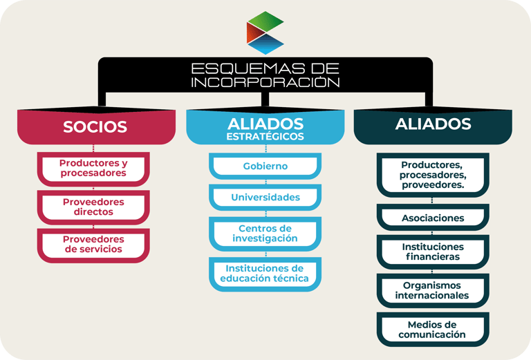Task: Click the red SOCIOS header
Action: (95, 126)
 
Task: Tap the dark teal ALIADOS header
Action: (433, 125)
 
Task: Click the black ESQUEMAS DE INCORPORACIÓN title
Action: (265, 75)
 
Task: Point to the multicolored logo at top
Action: (265, 32)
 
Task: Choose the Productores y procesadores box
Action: (93, 168)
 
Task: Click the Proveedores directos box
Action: (93, 207)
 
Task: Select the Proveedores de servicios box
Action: (93, 244)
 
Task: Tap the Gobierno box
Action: (265, 167)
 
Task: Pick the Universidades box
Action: (265, 198)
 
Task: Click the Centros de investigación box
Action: (265, 234)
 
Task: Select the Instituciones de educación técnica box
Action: (265, 273)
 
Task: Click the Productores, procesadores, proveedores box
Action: (433, 175)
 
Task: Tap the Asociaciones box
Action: (433, 218)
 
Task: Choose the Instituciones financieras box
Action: (433, 252)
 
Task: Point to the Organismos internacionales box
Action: (433, 290)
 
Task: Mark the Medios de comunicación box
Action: (433, 330)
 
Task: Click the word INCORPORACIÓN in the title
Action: (265, 82)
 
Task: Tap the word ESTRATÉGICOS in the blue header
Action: (265, 136)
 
